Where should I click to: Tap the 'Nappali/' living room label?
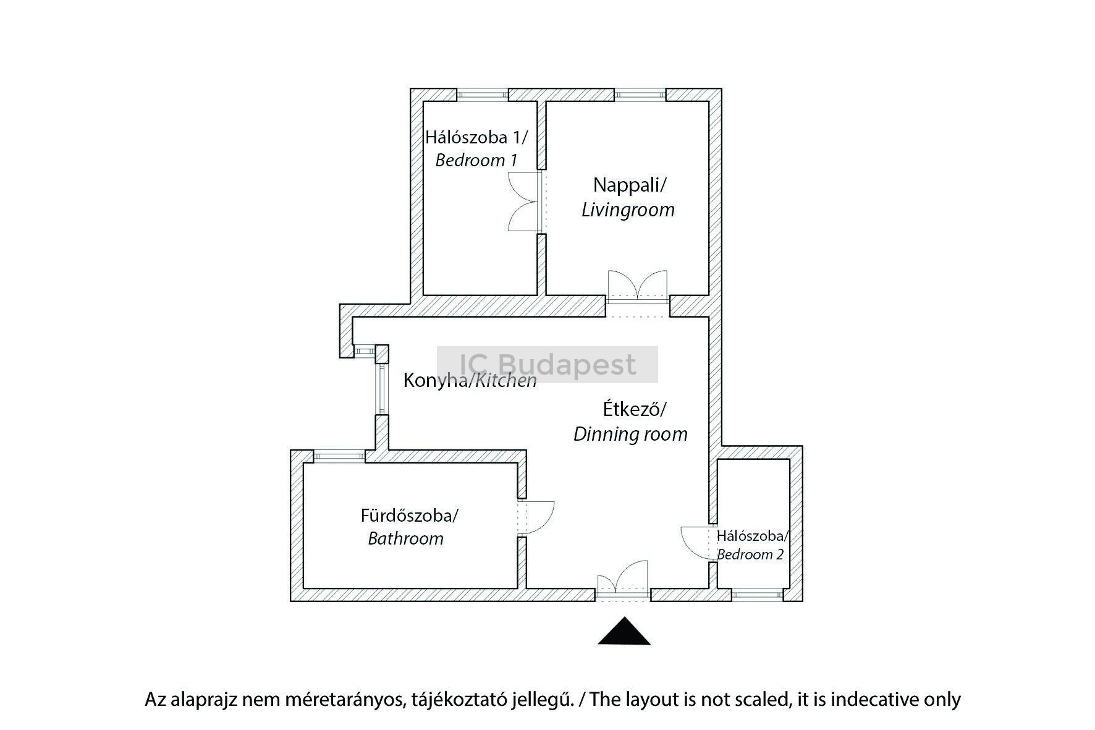pyautogui.click(x=630, y=185)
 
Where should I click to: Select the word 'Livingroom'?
pyautogui.click(x=628, y=210)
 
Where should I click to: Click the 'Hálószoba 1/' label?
pyautogui.click(x=476, y=137)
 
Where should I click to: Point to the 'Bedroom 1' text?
pyautogui.click(x=476, y=160)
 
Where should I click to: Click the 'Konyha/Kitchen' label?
pyautogui.click(x=470, y=380)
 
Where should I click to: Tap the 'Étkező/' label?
pyautogui.click(x=635, y=409)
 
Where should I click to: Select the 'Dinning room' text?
pyautogui.click(x=630, y=434)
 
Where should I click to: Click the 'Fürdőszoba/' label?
pyautogui.click(x=410, y=515)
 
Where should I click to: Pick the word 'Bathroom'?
pyautogui.click(x=406, y=538)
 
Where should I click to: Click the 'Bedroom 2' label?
pyautogui.click(x=750, y=554)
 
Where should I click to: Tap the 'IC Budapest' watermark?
pyautogui.click(x=547, y=364)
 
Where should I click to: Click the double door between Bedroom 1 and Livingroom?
pyautogui.click(x=525, y=202)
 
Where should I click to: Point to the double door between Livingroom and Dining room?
pyautogui.click(x=638, y=287)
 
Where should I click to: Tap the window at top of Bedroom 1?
pyautogui.click(x=483, y=95)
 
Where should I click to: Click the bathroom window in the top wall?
pyautogui.click(x=339, y=456)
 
